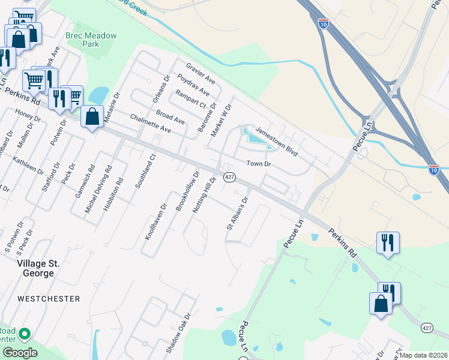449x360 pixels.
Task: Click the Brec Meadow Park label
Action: (91, 40)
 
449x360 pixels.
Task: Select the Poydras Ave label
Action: (193, 85)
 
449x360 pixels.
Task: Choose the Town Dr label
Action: (259, 164)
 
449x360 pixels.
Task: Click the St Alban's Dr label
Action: (237, 214)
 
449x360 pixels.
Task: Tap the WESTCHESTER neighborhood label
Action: (49, 298)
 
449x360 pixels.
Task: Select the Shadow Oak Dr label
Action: (177, 333)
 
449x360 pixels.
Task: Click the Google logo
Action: (20, 353)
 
